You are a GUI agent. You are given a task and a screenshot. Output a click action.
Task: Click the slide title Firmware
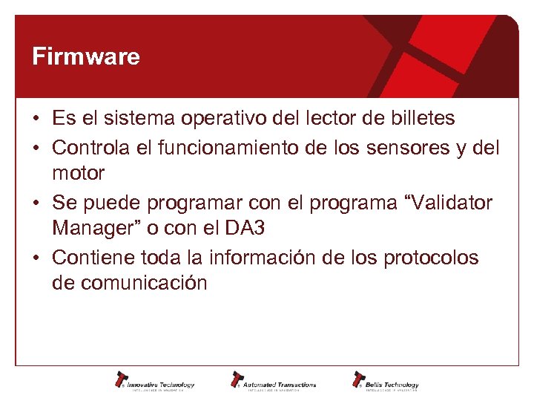click(86, 57)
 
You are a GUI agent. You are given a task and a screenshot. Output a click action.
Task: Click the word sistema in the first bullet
click(130, 119)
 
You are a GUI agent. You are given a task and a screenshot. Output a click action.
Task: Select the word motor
click(78, 174)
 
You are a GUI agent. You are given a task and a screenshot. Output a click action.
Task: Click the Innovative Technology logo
click(155, 380)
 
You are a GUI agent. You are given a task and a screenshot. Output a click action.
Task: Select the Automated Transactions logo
click(273, 380)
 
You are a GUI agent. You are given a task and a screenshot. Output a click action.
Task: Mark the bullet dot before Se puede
click(36, 203)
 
